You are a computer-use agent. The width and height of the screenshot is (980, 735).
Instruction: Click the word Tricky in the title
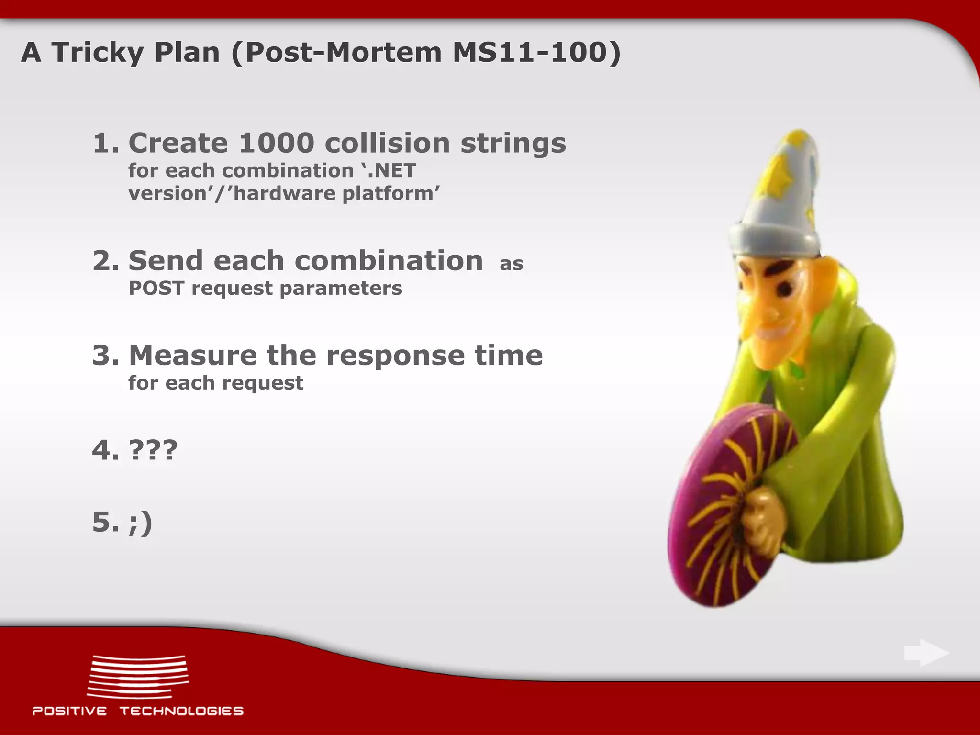coord(98,52)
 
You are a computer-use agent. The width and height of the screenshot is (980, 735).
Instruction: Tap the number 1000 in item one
coord(276,143)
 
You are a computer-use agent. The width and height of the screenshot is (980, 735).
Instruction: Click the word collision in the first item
coord(387,143)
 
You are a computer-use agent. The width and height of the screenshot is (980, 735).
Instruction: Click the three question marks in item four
coord(153,450)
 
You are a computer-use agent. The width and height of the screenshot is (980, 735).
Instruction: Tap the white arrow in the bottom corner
coord(926,653)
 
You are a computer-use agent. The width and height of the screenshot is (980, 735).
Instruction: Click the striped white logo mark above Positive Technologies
coord(138,676)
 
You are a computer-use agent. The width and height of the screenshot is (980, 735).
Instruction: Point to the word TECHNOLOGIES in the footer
coord(181,711)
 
